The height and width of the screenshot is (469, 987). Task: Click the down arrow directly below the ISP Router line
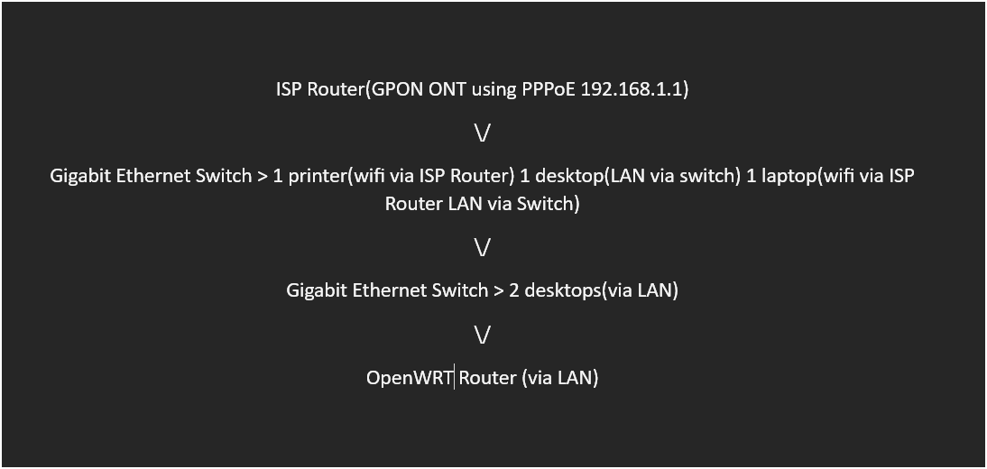[x=482, y=133]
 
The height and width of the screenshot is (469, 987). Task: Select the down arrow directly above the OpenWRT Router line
[x=482, y=336]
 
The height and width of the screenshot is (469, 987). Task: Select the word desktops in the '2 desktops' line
[x=563, y=291]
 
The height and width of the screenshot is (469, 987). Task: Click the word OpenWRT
[x=410, y=378]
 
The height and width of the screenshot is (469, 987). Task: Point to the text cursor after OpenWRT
[x=455, y=378]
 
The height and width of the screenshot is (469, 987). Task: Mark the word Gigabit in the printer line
[x=81, y=177]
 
